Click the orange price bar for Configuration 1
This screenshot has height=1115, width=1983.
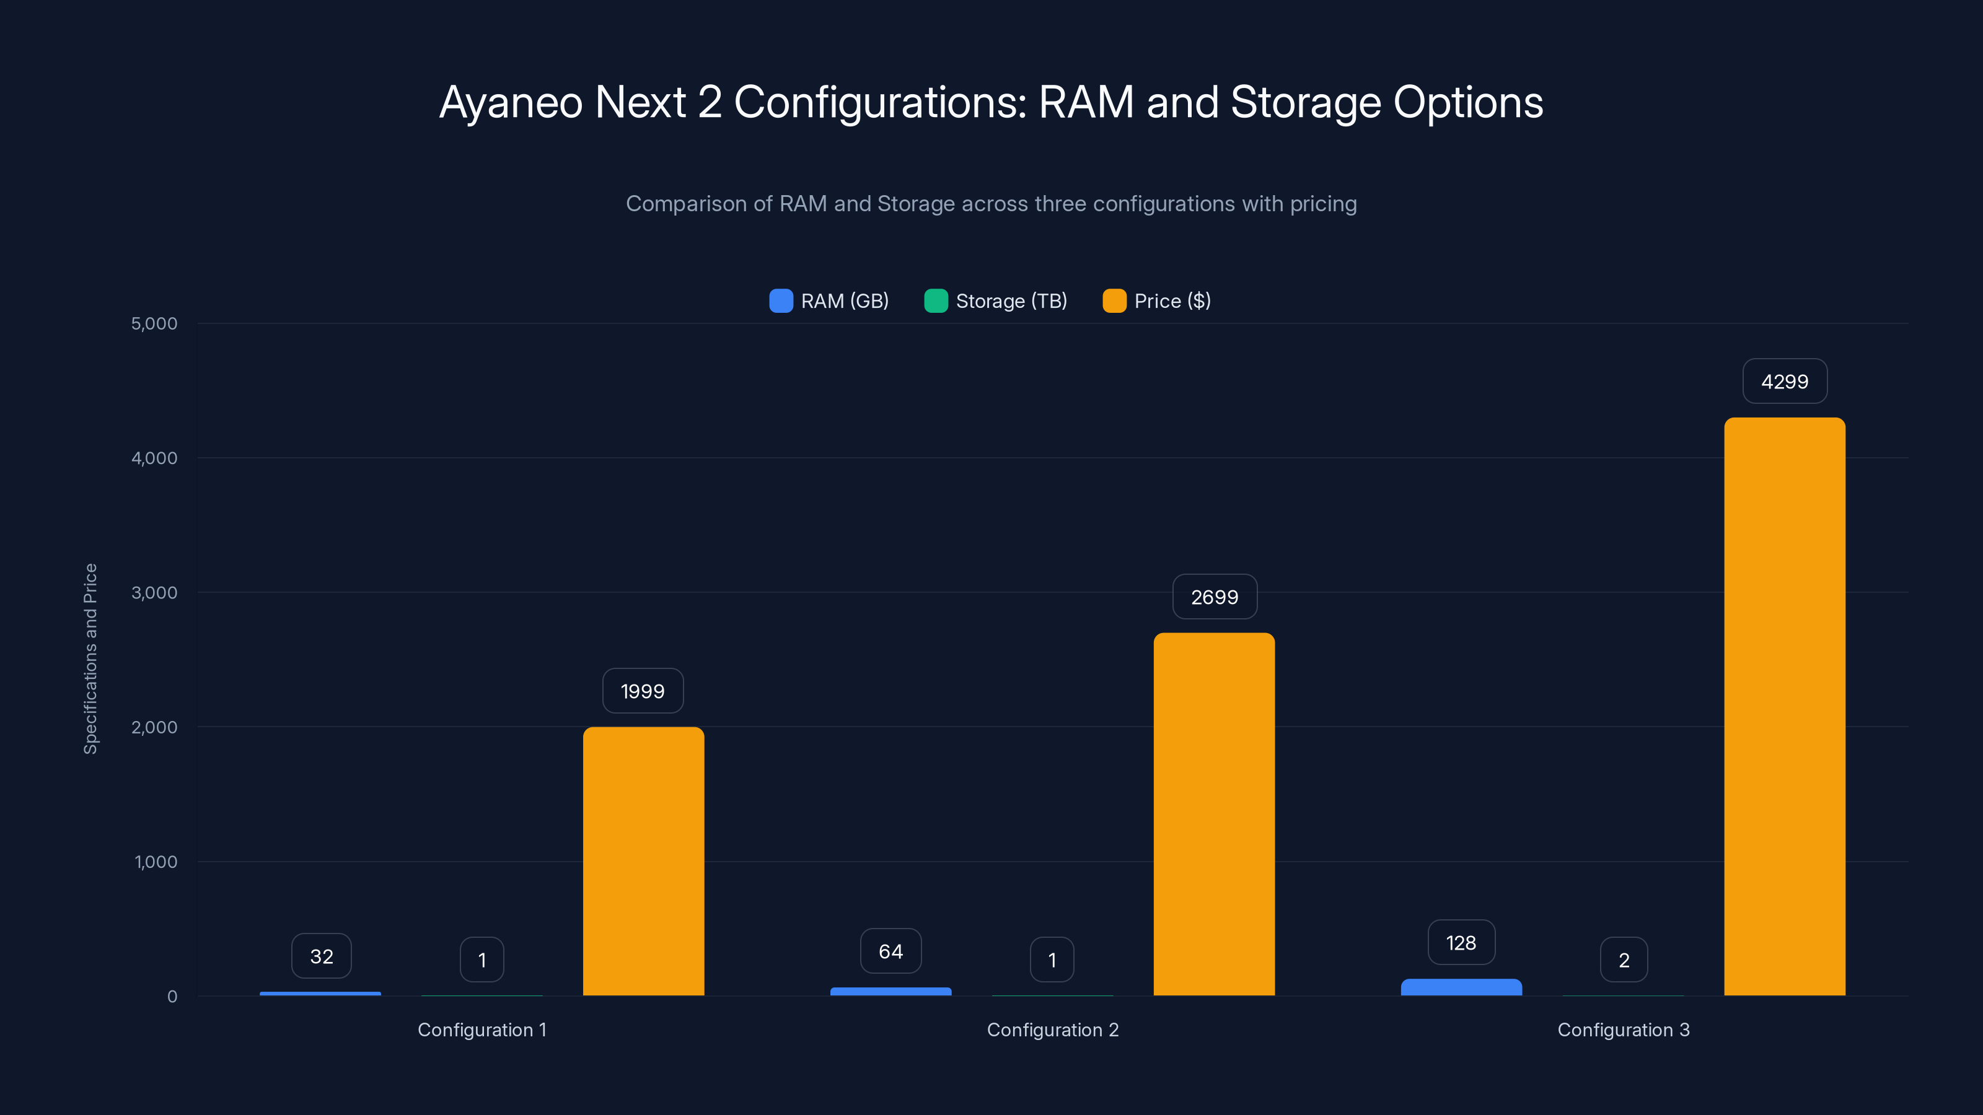click(644, 862)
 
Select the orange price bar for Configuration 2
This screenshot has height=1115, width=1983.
click(1214, 816)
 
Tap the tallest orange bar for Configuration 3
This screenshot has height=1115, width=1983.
click(1785, 708)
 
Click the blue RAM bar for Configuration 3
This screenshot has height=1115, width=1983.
click(1461, 987)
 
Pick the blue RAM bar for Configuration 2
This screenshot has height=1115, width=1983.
click(890, 991)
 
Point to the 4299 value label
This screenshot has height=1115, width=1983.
click(1785, 382)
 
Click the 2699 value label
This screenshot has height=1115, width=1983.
click(1214, 597)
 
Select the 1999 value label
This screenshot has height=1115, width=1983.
click(643, 691)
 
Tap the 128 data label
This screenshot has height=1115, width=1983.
click(1461, 943)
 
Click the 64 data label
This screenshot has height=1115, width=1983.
click(890, 952)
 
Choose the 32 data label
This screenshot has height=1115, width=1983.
click(321, 956)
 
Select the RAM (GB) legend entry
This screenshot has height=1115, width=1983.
click(829, 301)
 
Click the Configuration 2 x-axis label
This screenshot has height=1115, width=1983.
click(1052, 1030)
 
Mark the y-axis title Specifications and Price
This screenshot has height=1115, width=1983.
click(91, 658)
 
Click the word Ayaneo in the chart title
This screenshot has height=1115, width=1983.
click(511, 102)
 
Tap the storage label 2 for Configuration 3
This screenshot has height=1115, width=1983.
click(1624, 960)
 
